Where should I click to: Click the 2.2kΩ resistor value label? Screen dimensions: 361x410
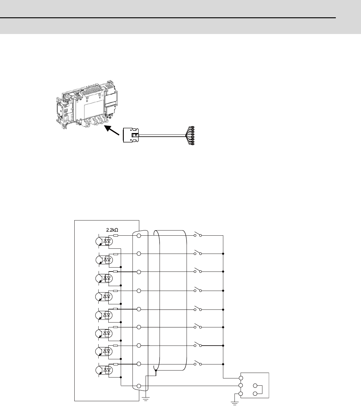coord(112,230)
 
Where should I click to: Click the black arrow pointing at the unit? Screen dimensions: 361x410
coord(112,130)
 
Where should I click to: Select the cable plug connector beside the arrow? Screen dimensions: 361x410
coord(131,135)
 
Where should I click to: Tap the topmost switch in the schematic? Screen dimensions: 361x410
coord(198,234)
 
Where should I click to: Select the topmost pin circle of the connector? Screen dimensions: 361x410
coord(139,236)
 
